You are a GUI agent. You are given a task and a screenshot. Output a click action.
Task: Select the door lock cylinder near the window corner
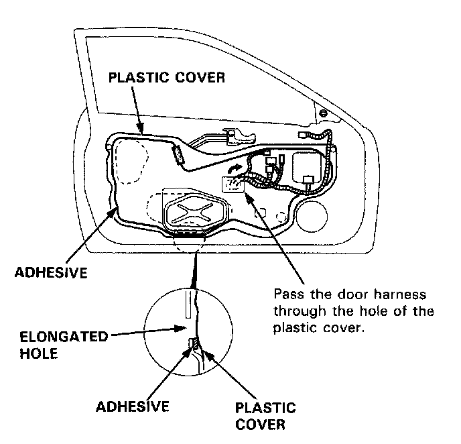click(x=324, y=111)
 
